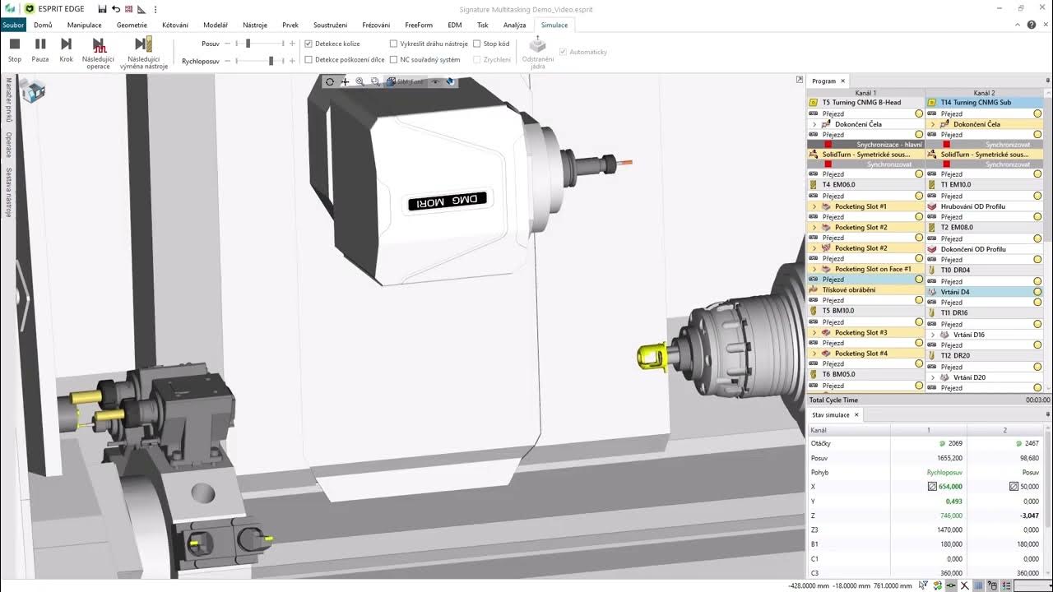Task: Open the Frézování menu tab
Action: (x=376, y=25)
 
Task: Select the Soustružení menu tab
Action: (x=330, y=25)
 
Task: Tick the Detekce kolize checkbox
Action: (x=308, y=44)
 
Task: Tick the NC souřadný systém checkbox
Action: (x=393, y=59)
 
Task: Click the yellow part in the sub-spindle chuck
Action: (x=650, y=356)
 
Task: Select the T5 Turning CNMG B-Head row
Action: (x=860, y=103)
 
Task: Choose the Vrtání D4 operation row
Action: (x=954, y=292)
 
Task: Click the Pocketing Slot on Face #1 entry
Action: (x=872, y=269)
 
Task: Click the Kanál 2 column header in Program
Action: (x=984, y=93)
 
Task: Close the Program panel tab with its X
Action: (x=842, y=81)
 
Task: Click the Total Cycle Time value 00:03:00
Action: (x=1037, y=400)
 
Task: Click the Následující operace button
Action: (x=99, y=51)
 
